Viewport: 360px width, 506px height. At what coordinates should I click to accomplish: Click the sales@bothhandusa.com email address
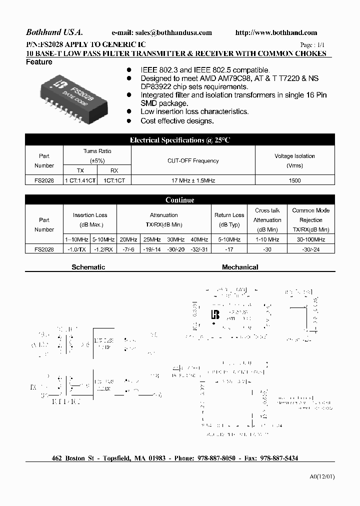173,33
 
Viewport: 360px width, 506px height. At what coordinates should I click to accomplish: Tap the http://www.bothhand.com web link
276,33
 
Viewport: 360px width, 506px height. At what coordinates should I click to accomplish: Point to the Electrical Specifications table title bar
180,140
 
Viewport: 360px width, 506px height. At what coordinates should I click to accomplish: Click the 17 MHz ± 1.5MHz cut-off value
193,180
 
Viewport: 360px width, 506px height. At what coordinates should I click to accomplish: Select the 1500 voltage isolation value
295,180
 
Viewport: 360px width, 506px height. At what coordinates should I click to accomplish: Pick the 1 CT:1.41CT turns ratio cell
80,180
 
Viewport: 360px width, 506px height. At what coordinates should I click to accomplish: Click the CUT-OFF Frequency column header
193,161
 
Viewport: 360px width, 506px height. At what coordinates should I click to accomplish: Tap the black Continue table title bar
180,200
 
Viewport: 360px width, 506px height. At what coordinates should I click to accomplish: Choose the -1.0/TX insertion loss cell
76,249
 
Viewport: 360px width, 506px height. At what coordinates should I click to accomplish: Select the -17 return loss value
229,249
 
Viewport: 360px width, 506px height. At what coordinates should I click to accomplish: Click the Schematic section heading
88,267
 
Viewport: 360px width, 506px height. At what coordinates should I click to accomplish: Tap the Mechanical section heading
240,267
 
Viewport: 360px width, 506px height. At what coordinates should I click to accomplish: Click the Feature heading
39,62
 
